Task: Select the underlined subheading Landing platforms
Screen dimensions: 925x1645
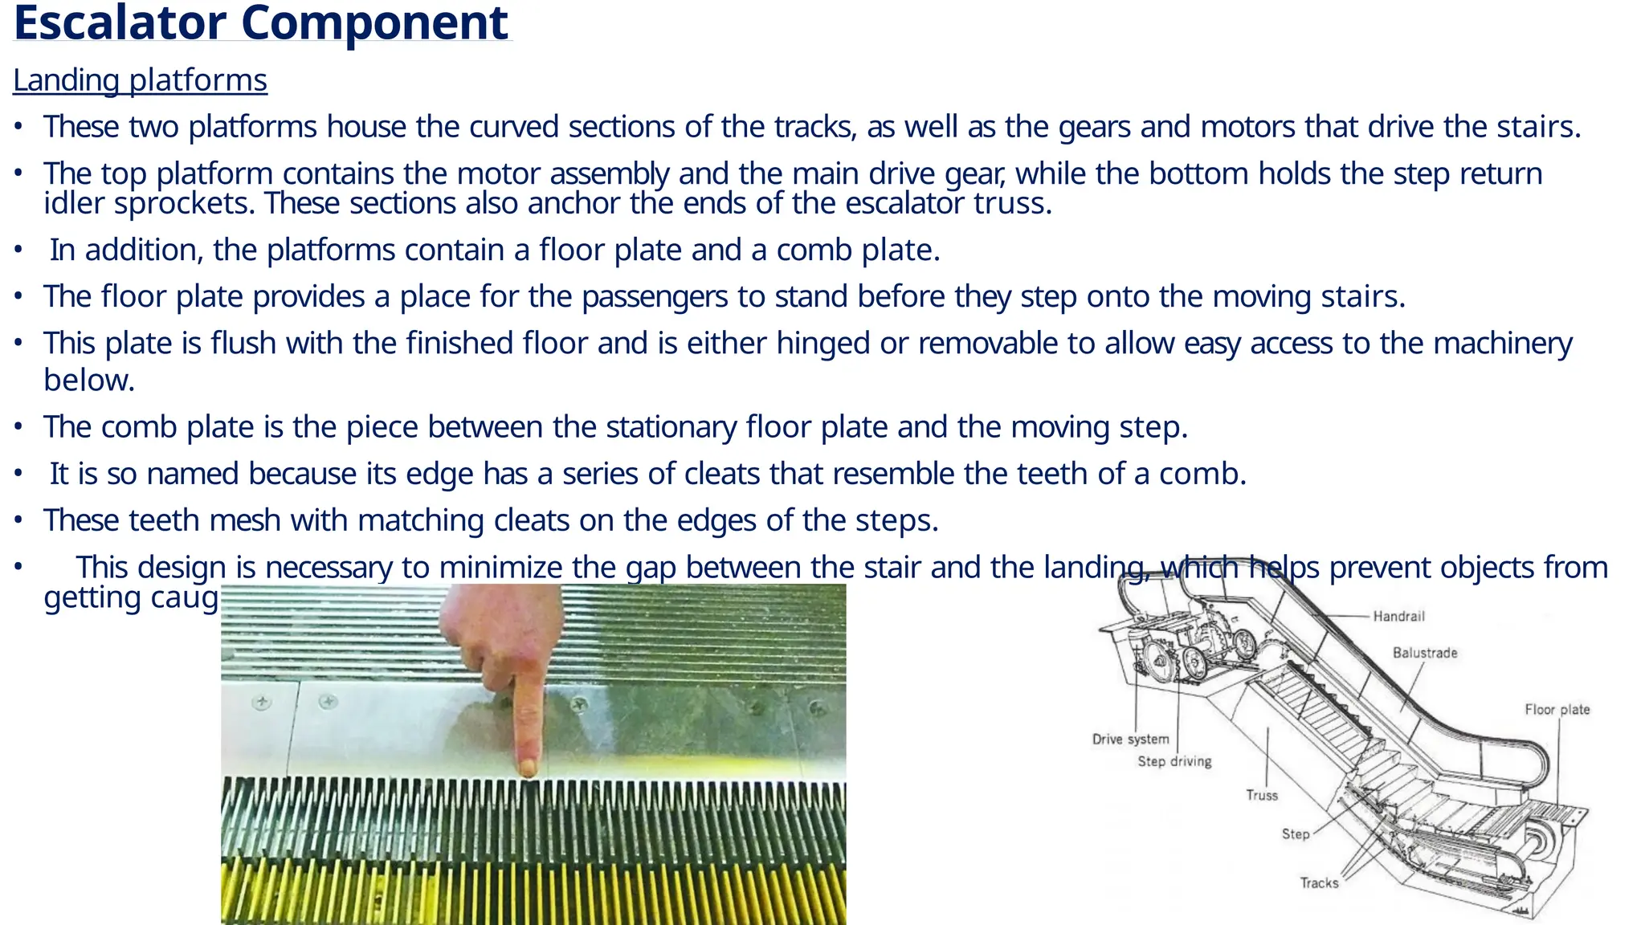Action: tap(140, 80)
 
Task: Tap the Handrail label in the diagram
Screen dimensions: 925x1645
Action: tap(1398, 616)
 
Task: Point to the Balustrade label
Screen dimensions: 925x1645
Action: tap(1424, 653)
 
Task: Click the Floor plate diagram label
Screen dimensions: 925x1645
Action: tap(1557, 709)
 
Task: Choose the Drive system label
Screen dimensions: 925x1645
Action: tap(1130, 739)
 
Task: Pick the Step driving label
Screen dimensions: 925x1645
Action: tap(1174, 760)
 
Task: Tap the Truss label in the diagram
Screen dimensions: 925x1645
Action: tap(1261, 795)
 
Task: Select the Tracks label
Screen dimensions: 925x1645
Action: tap(1319, 882)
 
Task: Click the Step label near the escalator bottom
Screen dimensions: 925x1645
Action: tap(1295, 833)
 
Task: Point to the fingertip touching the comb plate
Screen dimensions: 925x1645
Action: tap(528, 768)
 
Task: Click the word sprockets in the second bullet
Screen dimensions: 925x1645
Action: tap(183, 203)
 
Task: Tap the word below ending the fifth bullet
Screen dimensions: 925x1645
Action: tap(88, 381)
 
